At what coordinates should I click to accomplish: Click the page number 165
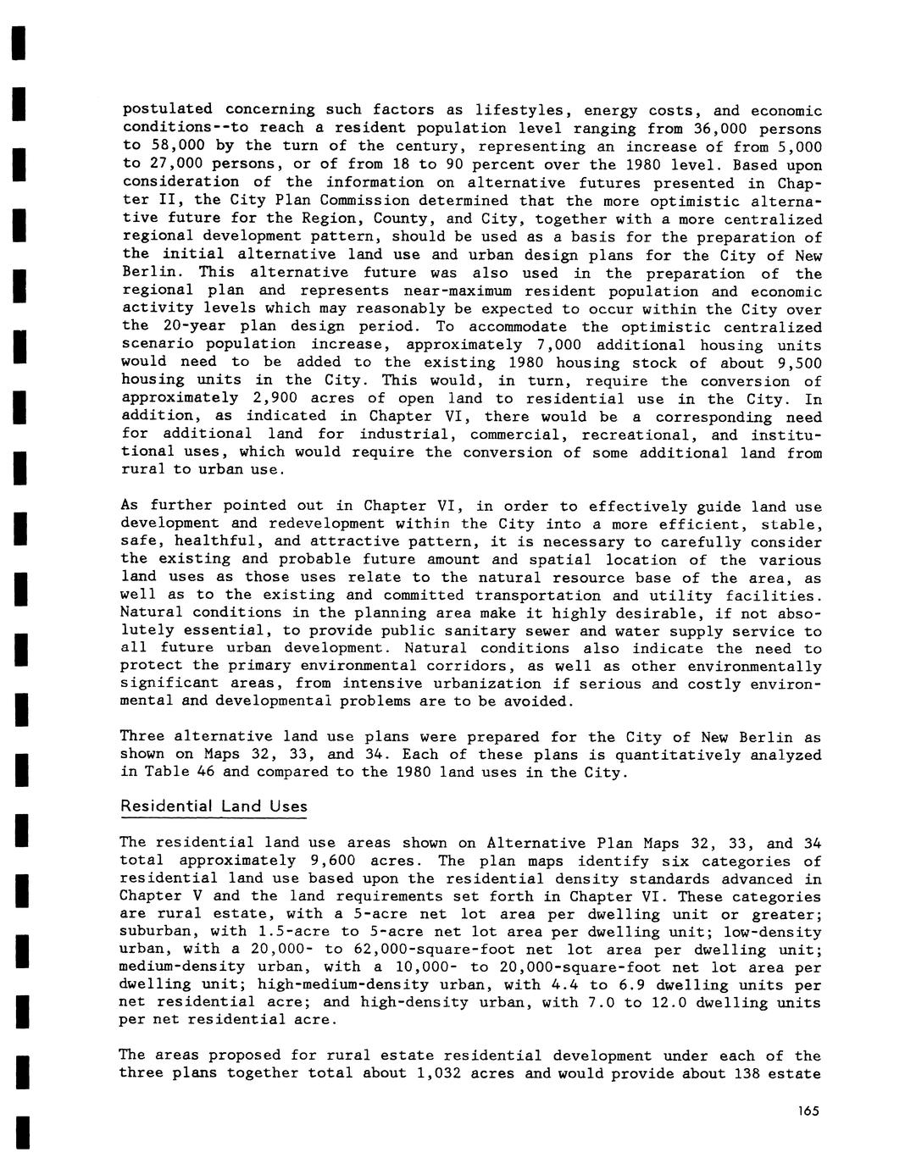(x=808, y=1111)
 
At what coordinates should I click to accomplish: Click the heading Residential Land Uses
(x=214, y=806)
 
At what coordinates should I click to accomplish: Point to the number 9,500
(x=796, y=363)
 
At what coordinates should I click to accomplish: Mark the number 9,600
(x=317, y=861)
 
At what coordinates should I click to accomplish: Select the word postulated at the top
(x=168, y=111)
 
